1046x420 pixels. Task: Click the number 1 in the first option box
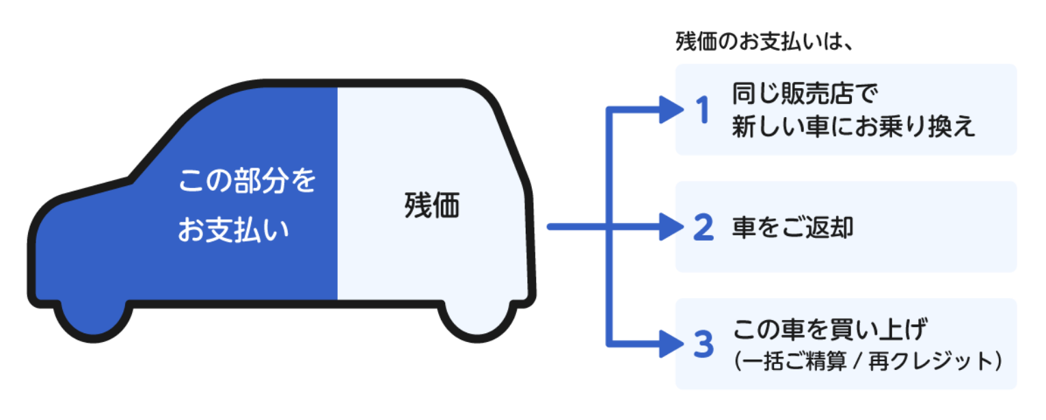pos(703,111)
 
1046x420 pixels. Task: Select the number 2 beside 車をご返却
pos(703,228)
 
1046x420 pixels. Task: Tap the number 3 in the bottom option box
pos(703,345)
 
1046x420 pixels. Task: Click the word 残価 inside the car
pos(432,206)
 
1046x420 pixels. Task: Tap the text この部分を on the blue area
pos(247,182)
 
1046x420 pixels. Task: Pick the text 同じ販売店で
pos(804,92)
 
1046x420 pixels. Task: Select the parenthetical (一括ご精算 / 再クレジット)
pos(868,362)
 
